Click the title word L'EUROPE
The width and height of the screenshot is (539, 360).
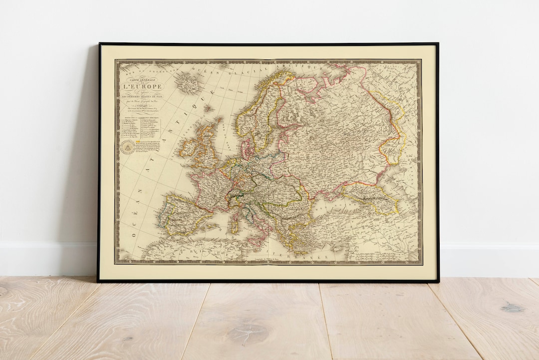pyautogui.click(x=143, y=87)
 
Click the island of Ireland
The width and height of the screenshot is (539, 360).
pyautogui.click(x=189, y=147)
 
